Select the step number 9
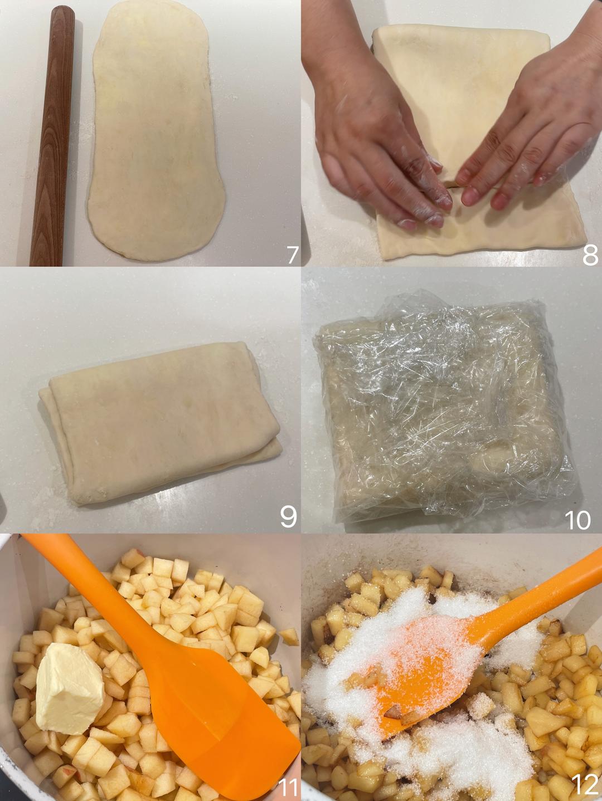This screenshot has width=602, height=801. pyautogui.click(x=288, y=516)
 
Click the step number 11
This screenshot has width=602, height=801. pyautogui.click(x=288, y=788)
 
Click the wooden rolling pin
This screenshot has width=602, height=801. pyautogui.click(x=51, y=136)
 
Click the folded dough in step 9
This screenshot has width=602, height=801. pyautogui.click(x=161, y=423)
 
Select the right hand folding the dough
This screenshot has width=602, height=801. pyautogui.click(x=537, y=120)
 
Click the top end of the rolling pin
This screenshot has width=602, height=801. pyautogui.click(x=63, y=11)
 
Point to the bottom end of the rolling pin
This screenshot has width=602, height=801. pyautogui.click(x=46, y=261)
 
